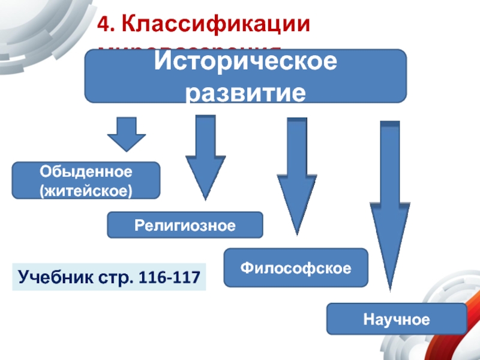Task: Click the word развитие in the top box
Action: pyautogui.click(x=245, y=93)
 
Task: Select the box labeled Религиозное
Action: pyautogui.click(x=185, y=225)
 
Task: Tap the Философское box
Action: pyautogui.click(x=296, y=267)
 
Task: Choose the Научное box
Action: pyautogui.click(x=396, y=319)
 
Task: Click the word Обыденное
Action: pyautogui.click(x=86, y=172)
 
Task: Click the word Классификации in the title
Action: pyautogui.click(x=217, y=25)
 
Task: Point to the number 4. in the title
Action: pyautogui.click(x=106, y=25)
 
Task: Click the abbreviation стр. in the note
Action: pyautogui.click(x=114, y=277)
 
